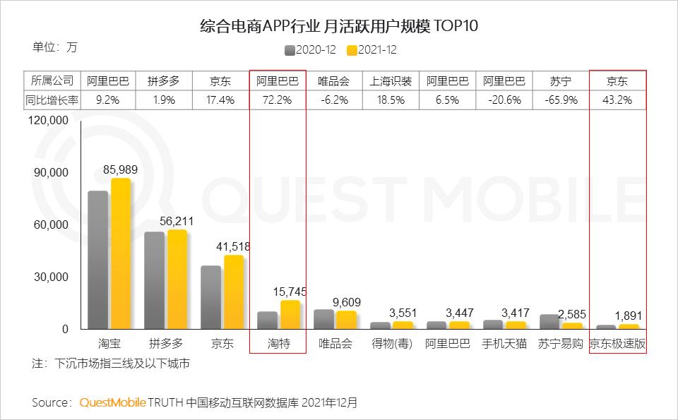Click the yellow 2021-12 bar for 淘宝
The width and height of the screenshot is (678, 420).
click(x=121, y=254)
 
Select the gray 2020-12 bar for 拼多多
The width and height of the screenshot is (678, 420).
click(x=154, y=280)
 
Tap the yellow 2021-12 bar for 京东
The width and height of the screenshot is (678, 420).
click(x=234, y=292)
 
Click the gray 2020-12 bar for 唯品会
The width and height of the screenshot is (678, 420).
click(x=323, y=319)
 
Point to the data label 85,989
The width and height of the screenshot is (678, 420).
click(x=121, y=169)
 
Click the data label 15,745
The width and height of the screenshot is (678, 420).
click(x=290, y=291)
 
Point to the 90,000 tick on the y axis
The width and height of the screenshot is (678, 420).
click(x=51, y=173)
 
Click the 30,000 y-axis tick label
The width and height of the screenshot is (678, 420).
click(x=51, y=277)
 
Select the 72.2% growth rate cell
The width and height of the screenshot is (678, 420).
click(x=278, y=100)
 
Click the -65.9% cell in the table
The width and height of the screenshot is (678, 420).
click(x=561, y=100)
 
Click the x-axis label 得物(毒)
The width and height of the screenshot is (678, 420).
click(x=391, y=344)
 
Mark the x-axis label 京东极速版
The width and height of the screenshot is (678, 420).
click(x=618, y=344)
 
